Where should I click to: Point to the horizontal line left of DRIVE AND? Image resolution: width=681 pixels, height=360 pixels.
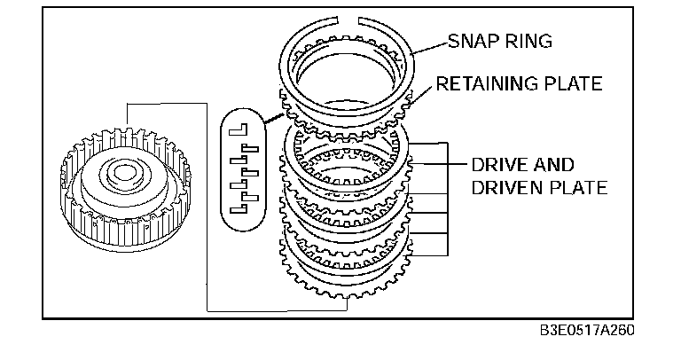(x=452, y=165)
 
